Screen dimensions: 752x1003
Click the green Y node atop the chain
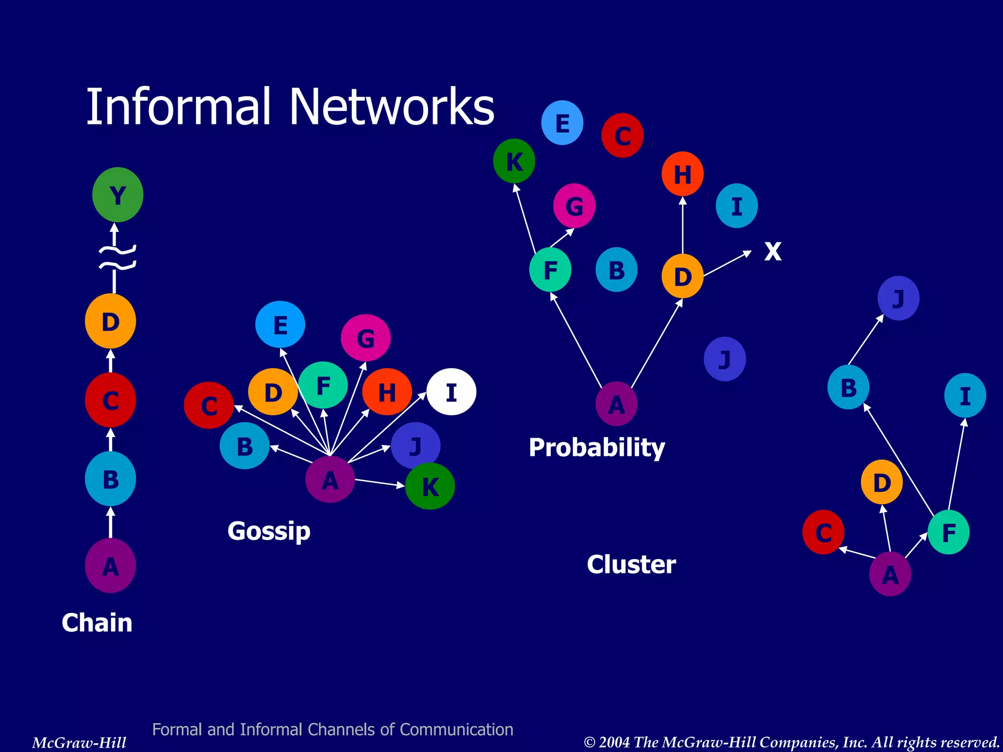[x=118, y=195]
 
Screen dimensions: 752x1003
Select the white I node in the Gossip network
[x=451, y=392]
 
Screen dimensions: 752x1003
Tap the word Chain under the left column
[x=97, y=623]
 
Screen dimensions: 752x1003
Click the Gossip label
[x=269, y=531]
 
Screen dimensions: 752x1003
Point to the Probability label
[x=597, y=447]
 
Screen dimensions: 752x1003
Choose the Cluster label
[x=631, y=564]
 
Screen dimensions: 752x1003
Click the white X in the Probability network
[x=773, y=252]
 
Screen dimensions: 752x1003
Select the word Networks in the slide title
[x=392, y=107]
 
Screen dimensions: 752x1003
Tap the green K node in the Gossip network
[x=430, y=486]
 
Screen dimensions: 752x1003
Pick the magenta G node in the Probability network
[x=574, y=206]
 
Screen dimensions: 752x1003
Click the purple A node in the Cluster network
[x=890, y=574]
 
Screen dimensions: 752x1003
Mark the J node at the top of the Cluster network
[x=898, y=298]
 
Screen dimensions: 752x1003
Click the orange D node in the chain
[x=110, y=321]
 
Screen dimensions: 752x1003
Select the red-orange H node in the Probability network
[x=682, y=174]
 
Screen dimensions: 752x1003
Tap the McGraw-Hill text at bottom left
[x=79, y=742]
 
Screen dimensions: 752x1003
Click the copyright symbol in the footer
[x=590, y=742]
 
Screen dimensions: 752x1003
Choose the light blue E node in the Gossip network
[x=280, y=325]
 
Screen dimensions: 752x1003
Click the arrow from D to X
[x=727, y=264]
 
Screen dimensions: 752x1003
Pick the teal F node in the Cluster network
[x=948, y=532]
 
